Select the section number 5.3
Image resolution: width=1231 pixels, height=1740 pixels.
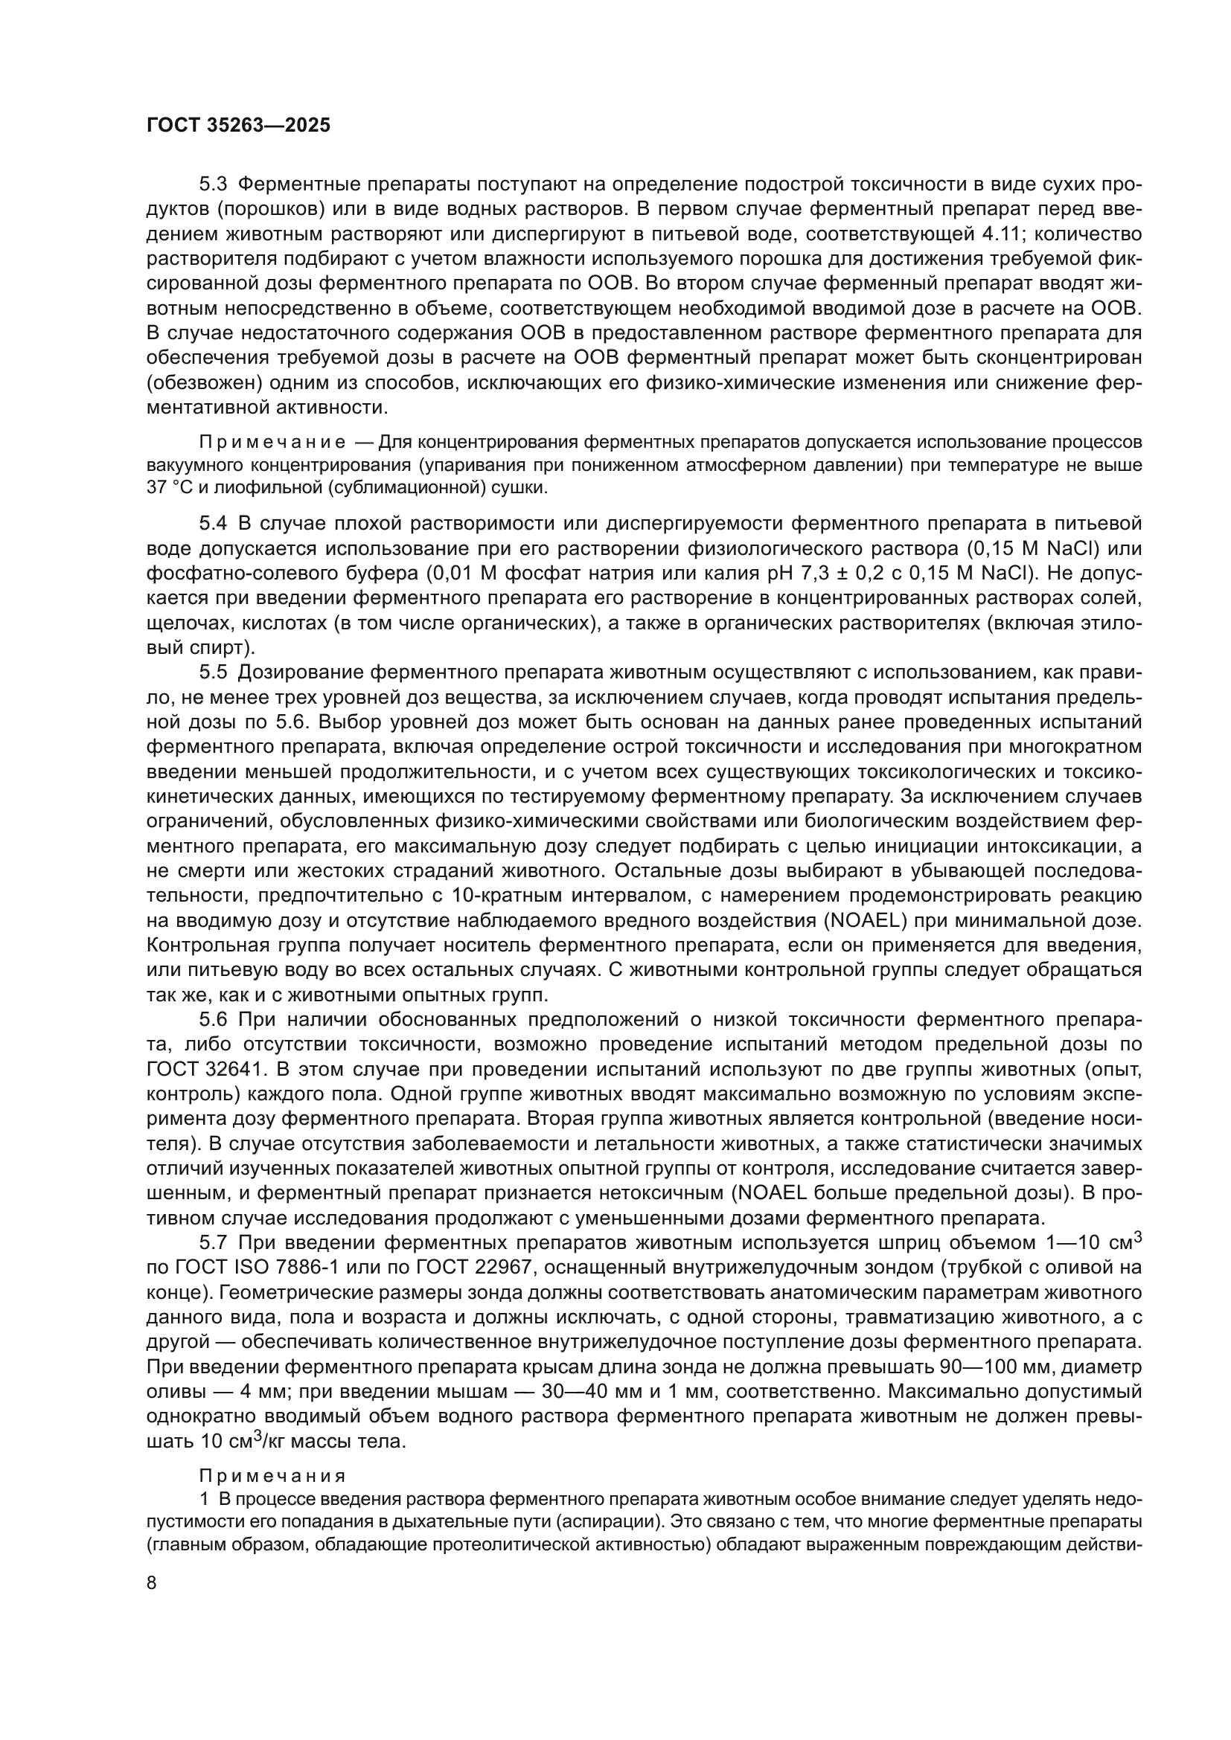click(x=213, y=184)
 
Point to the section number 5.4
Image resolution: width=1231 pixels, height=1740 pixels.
click(x=213, y=524)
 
